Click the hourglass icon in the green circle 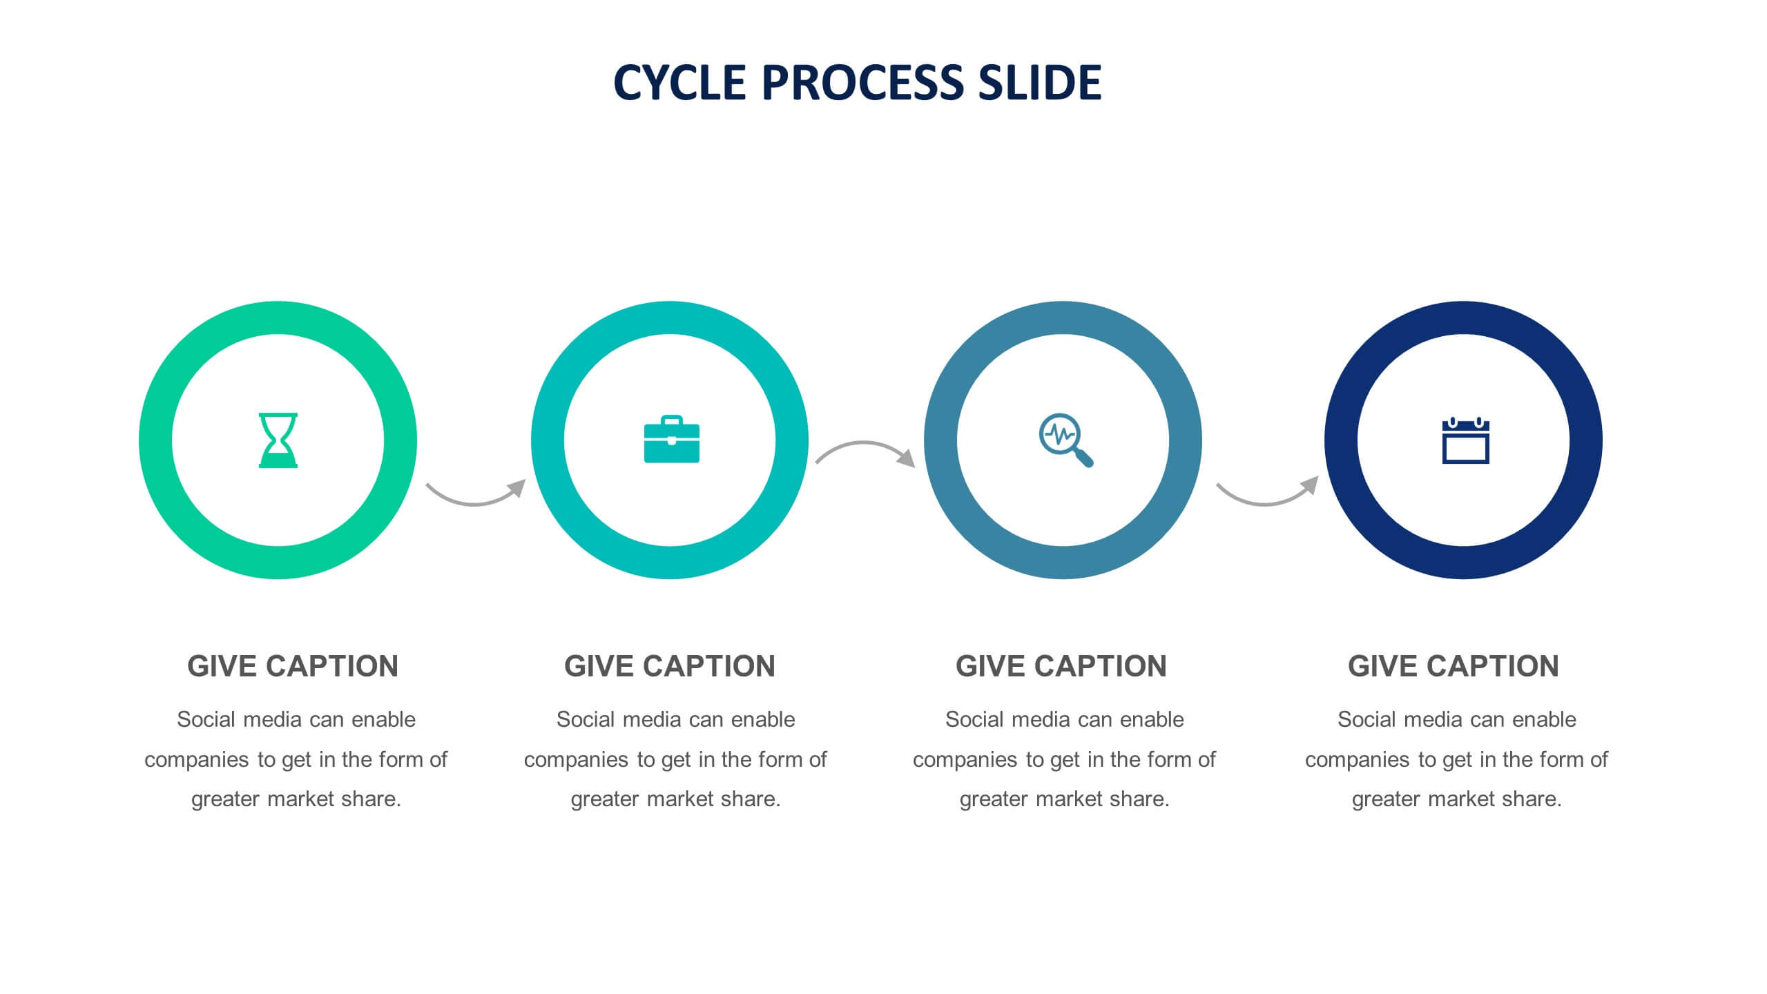[x=278, y=440]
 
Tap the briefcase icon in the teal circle [x=671, y=439]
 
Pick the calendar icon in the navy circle [x=1465, y=440]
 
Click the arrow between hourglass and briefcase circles [x=474, y=503]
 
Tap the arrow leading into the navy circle [x=1265, y=503]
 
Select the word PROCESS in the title [x=862, y=83]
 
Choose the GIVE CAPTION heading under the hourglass [x=293, y=666]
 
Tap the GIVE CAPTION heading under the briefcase [x=670, y=666]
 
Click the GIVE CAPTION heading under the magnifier [x=1061, y=666]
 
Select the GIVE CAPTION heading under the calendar [x=1454, y=666]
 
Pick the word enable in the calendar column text [x=1544, y=719]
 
